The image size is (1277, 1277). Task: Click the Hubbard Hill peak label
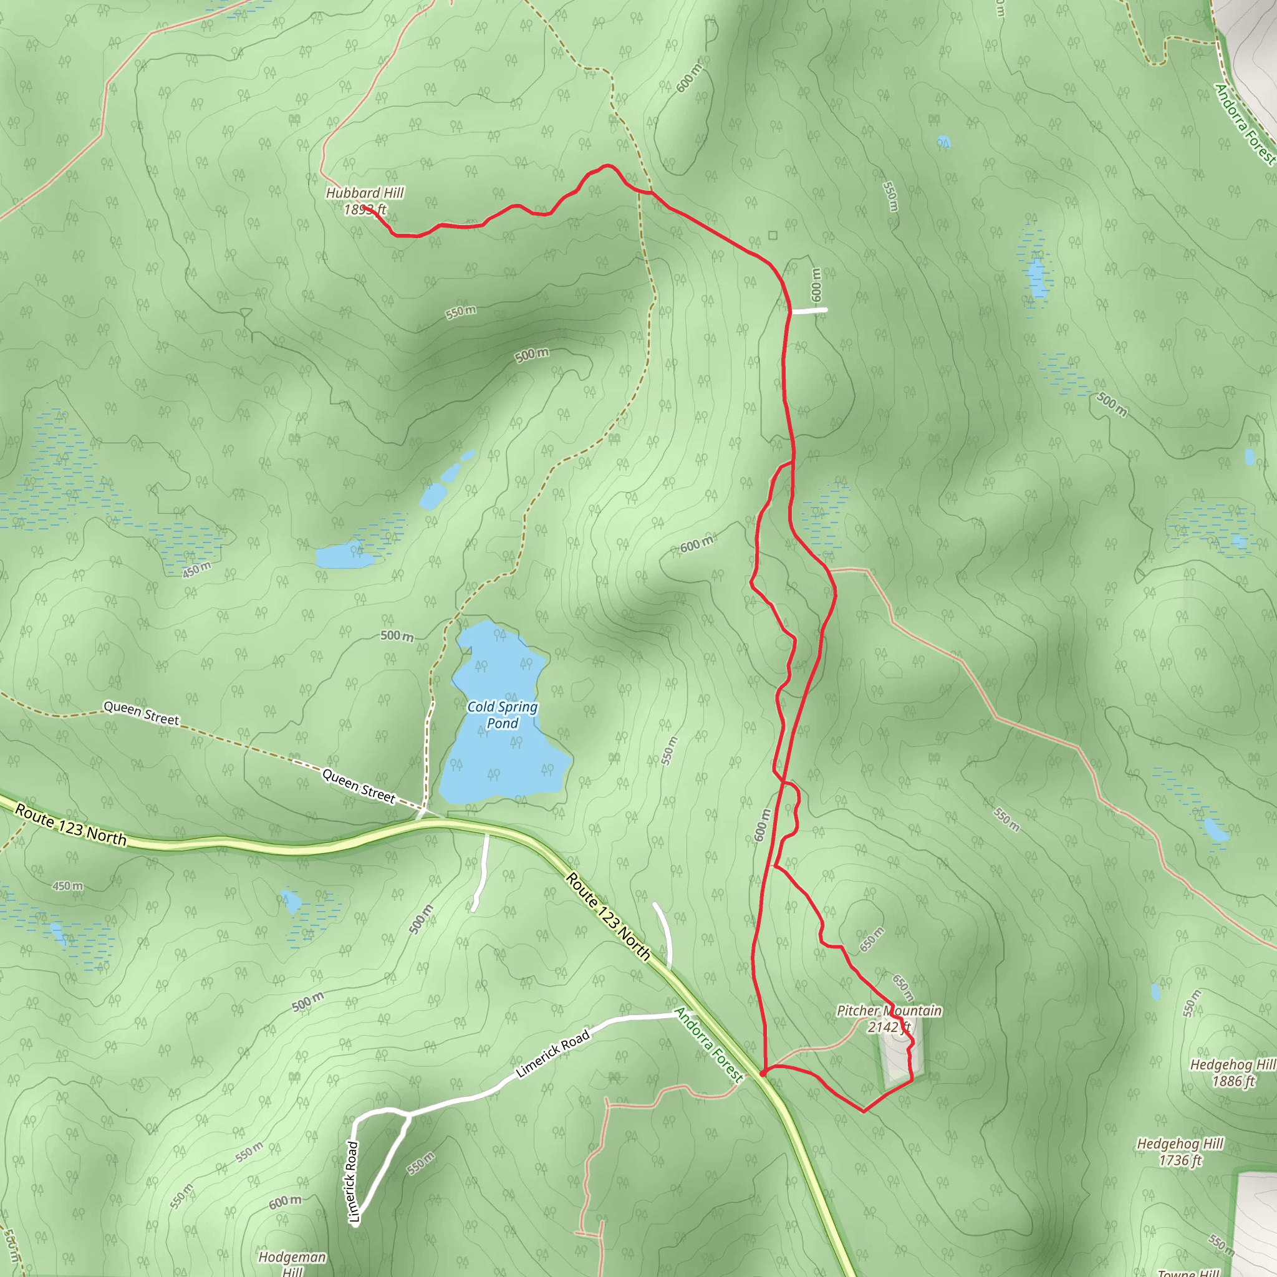pyautogui.click(x=364, y=201)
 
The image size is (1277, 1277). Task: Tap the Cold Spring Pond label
pyautogui.click(x=503, y=715)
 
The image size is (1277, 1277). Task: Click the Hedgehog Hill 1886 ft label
pyautogui.click(x=1232, y=1072)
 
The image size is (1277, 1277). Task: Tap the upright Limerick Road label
pyautogui.click(x=353, y=1180)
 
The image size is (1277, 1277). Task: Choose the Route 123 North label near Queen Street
pyautogui.click(x=70, y=825)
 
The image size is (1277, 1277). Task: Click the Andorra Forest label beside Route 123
pyautogui.click(x=708, y=1044)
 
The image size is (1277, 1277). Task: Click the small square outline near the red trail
pyautogui.click(x=773, y=234)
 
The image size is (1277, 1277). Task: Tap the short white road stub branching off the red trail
pyautogui.click(x=809, y=310)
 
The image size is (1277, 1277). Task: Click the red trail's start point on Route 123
pyautogui.click(x=763, y=1074)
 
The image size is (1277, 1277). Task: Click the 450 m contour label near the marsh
pyautogui.click(x=196, y=569)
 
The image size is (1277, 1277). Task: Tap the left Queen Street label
pyautogui.click(x=141, y=714)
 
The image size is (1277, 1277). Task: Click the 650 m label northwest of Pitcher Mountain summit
pyautogui.click(x=871, y=939)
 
